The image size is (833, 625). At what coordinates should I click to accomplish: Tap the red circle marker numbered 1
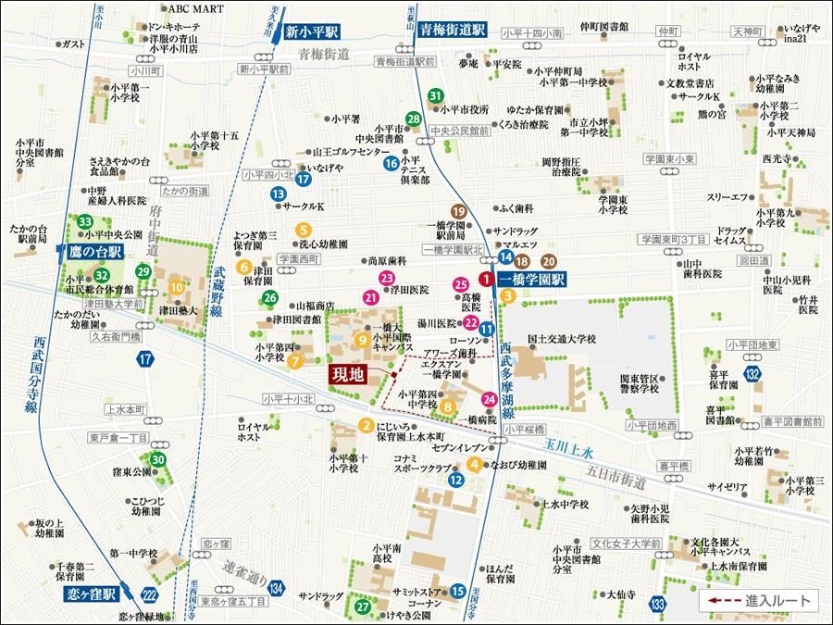click(486, 279)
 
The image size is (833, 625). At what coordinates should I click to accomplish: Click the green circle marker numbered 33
click(85, 221)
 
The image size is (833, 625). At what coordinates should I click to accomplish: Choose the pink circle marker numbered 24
click(490, 399)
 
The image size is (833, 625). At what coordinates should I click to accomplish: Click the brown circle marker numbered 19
click(457, 212)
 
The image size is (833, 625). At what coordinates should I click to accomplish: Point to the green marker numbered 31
click(436, 95)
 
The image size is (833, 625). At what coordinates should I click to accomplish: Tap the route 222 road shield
click(150, 595)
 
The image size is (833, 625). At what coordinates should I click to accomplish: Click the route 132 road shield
click(755, 373)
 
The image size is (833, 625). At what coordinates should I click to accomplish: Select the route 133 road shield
click(658, 605)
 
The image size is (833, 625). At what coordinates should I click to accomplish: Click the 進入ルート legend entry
click(759, 602)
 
